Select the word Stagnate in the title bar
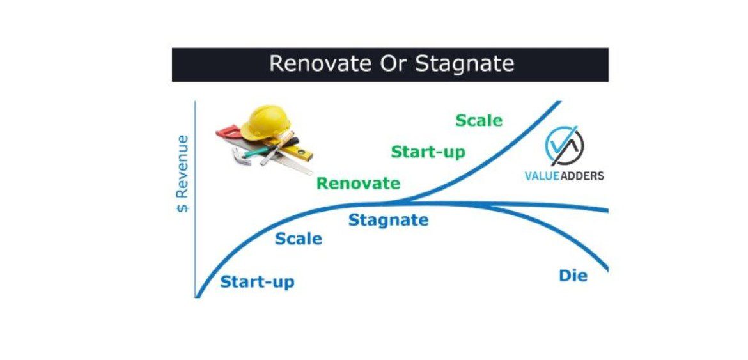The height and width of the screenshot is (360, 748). point(465,64)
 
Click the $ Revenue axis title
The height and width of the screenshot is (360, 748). point(183,173)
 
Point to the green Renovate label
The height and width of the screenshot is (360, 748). point(358,184)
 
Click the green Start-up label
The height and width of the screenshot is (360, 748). point(428,152)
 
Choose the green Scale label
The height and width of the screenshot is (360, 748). point(478,120)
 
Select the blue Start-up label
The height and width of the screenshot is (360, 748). point(257,282)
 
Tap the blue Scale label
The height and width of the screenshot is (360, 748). point(298,239)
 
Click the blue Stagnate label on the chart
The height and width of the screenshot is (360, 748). point(388,221)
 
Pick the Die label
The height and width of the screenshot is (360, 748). point(572,276)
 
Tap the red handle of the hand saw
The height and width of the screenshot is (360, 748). point(228,132)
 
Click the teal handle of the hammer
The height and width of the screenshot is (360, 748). point(258,152)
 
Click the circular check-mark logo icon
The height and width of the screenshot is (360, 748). point(563,146)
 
